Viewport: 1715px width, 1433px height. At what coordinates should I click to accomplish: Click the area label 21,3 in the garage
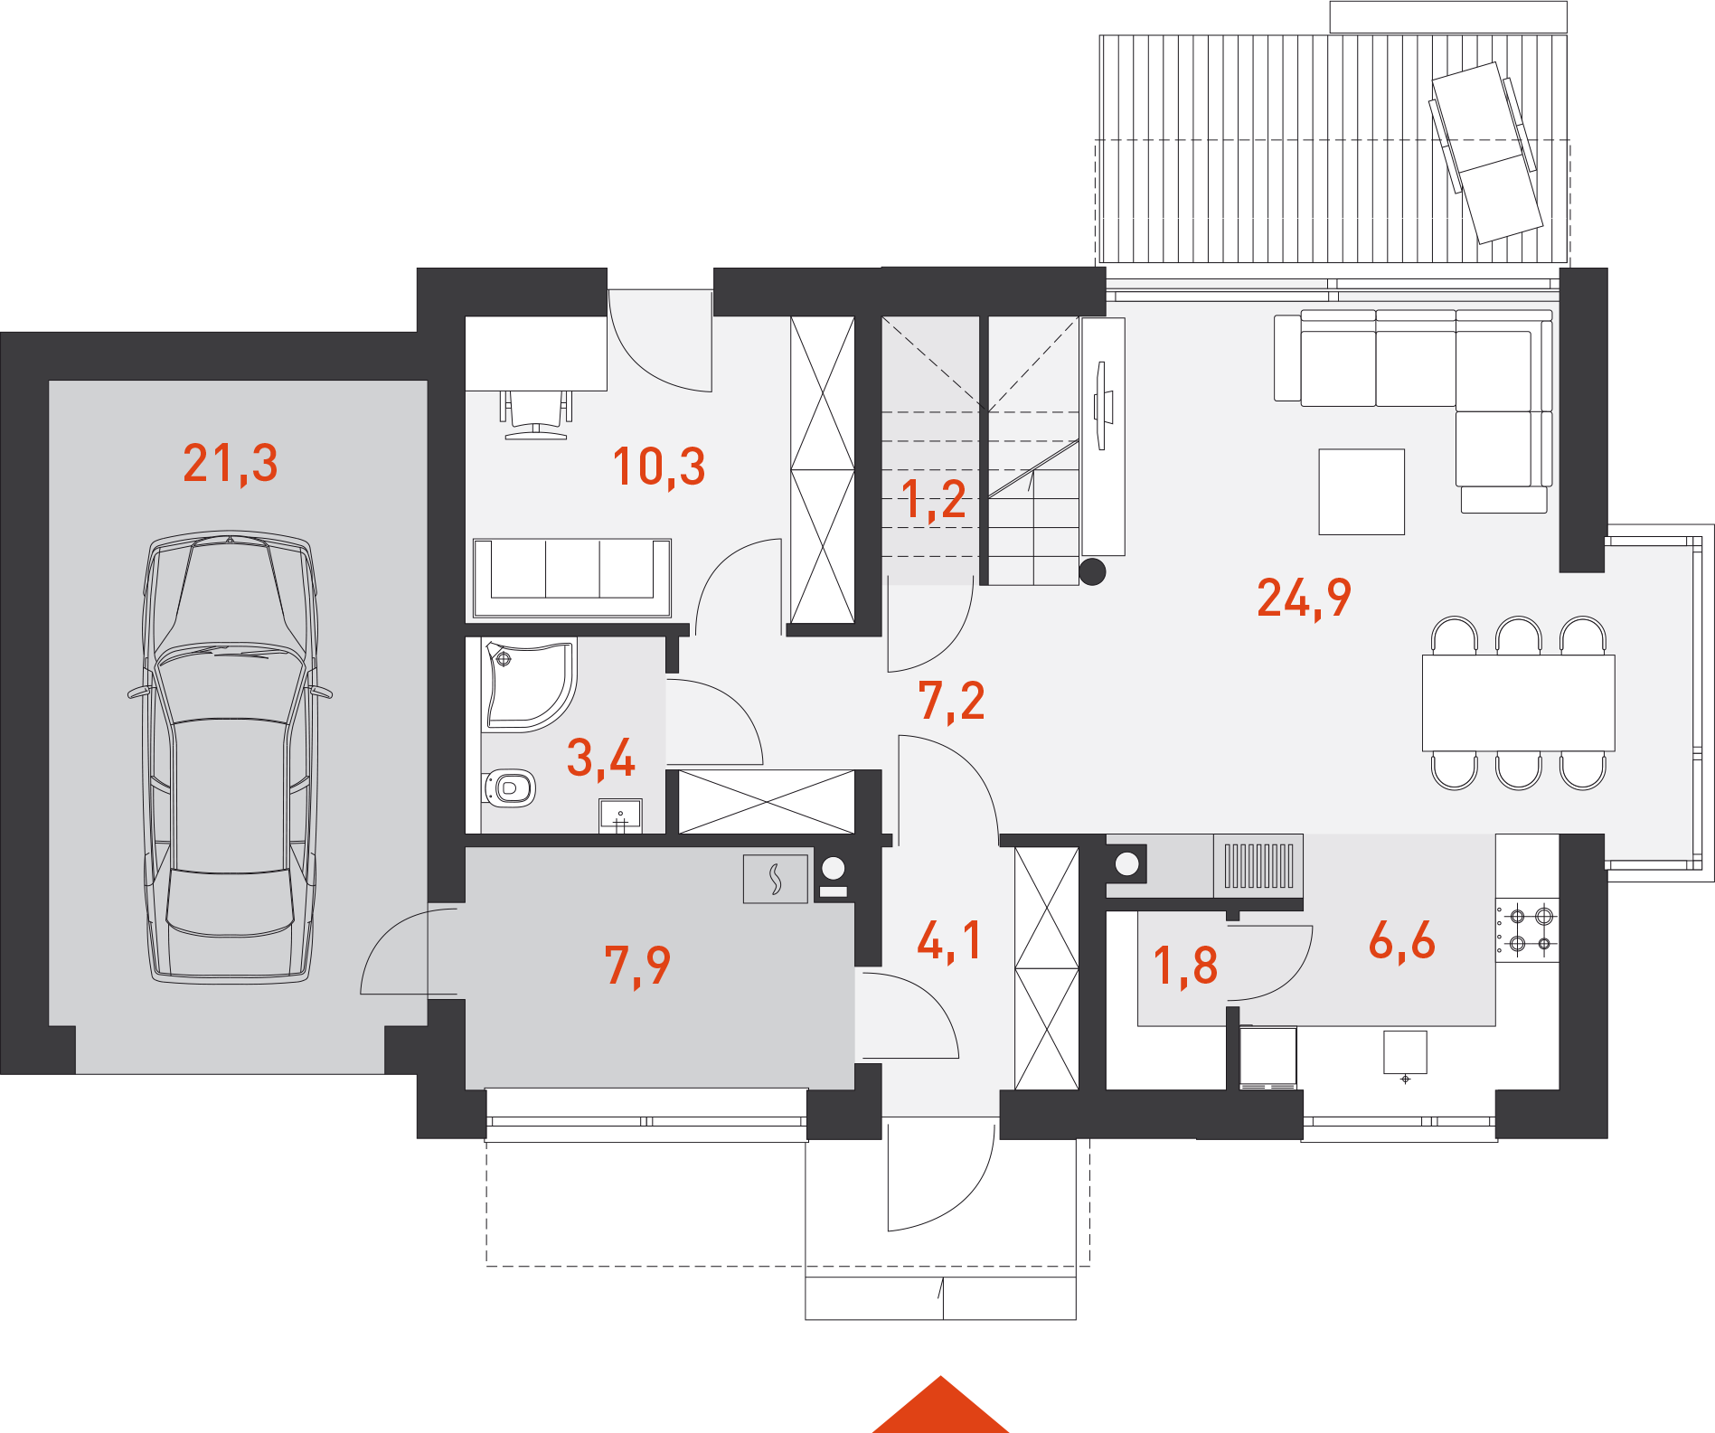[231, 464]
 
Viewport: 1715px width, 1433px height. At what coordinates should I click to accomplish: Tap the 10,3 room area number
[659, 467]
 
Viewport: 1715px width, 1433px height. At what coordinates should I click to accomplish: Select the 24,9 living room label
[1304, 598]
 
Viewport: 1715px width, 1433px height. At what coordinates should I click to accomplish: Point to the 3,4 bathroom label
[601, 758]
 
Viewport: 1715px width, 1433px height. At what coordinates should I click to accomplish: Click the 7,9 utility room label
[637, 966]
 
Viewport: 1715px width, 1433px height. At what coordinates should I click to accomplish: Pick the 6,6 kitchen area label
[1401, 940]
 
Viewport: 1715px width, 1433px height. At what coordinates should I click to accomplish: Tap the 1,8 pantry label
[1186, 966]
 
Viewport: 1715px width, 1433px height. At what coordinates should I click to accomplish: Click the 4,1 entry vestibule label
[949, 940]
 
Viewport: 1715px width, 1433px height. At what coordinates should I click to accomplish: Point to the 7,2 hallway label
[952, 702]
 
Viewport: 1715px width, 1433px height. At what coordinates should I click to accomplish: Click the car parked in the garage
[230, 758]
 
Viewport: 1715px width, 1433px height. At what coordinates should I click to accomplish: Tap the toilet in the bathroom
[510, 788]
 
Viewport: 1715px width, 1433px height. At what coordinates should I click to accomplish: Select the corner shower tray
[530, 684]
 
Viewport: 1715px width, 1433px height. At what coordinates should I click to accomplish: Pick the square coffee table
[1362, 492]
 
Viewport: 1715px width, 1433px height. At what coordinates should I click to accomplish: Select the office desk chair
[536, 415]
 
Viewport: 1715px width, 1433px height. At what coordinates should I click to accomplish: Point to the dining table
[1519, 703]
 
